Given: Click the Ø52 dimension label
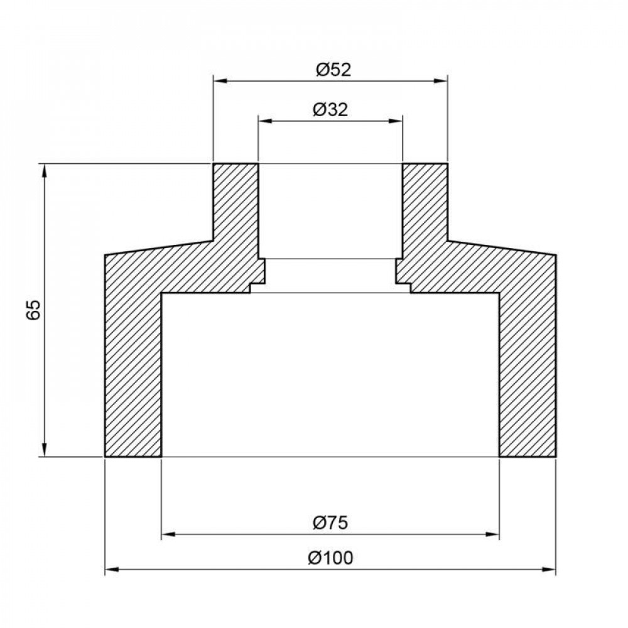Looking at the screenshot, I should (x=332, y=70).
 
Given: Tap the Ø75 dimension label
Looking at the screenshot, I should (x=330, y=522).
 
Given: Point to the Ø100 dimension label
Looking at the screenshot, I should (x=331, y=556).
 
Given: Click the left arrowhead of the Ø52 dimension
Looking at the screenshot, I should (x=219, y=80).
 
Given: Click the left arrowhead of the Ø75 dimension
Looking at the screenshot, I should (x=168, y=535).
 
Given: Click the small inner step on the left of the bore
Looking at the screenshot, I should (x=258, y=276).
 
